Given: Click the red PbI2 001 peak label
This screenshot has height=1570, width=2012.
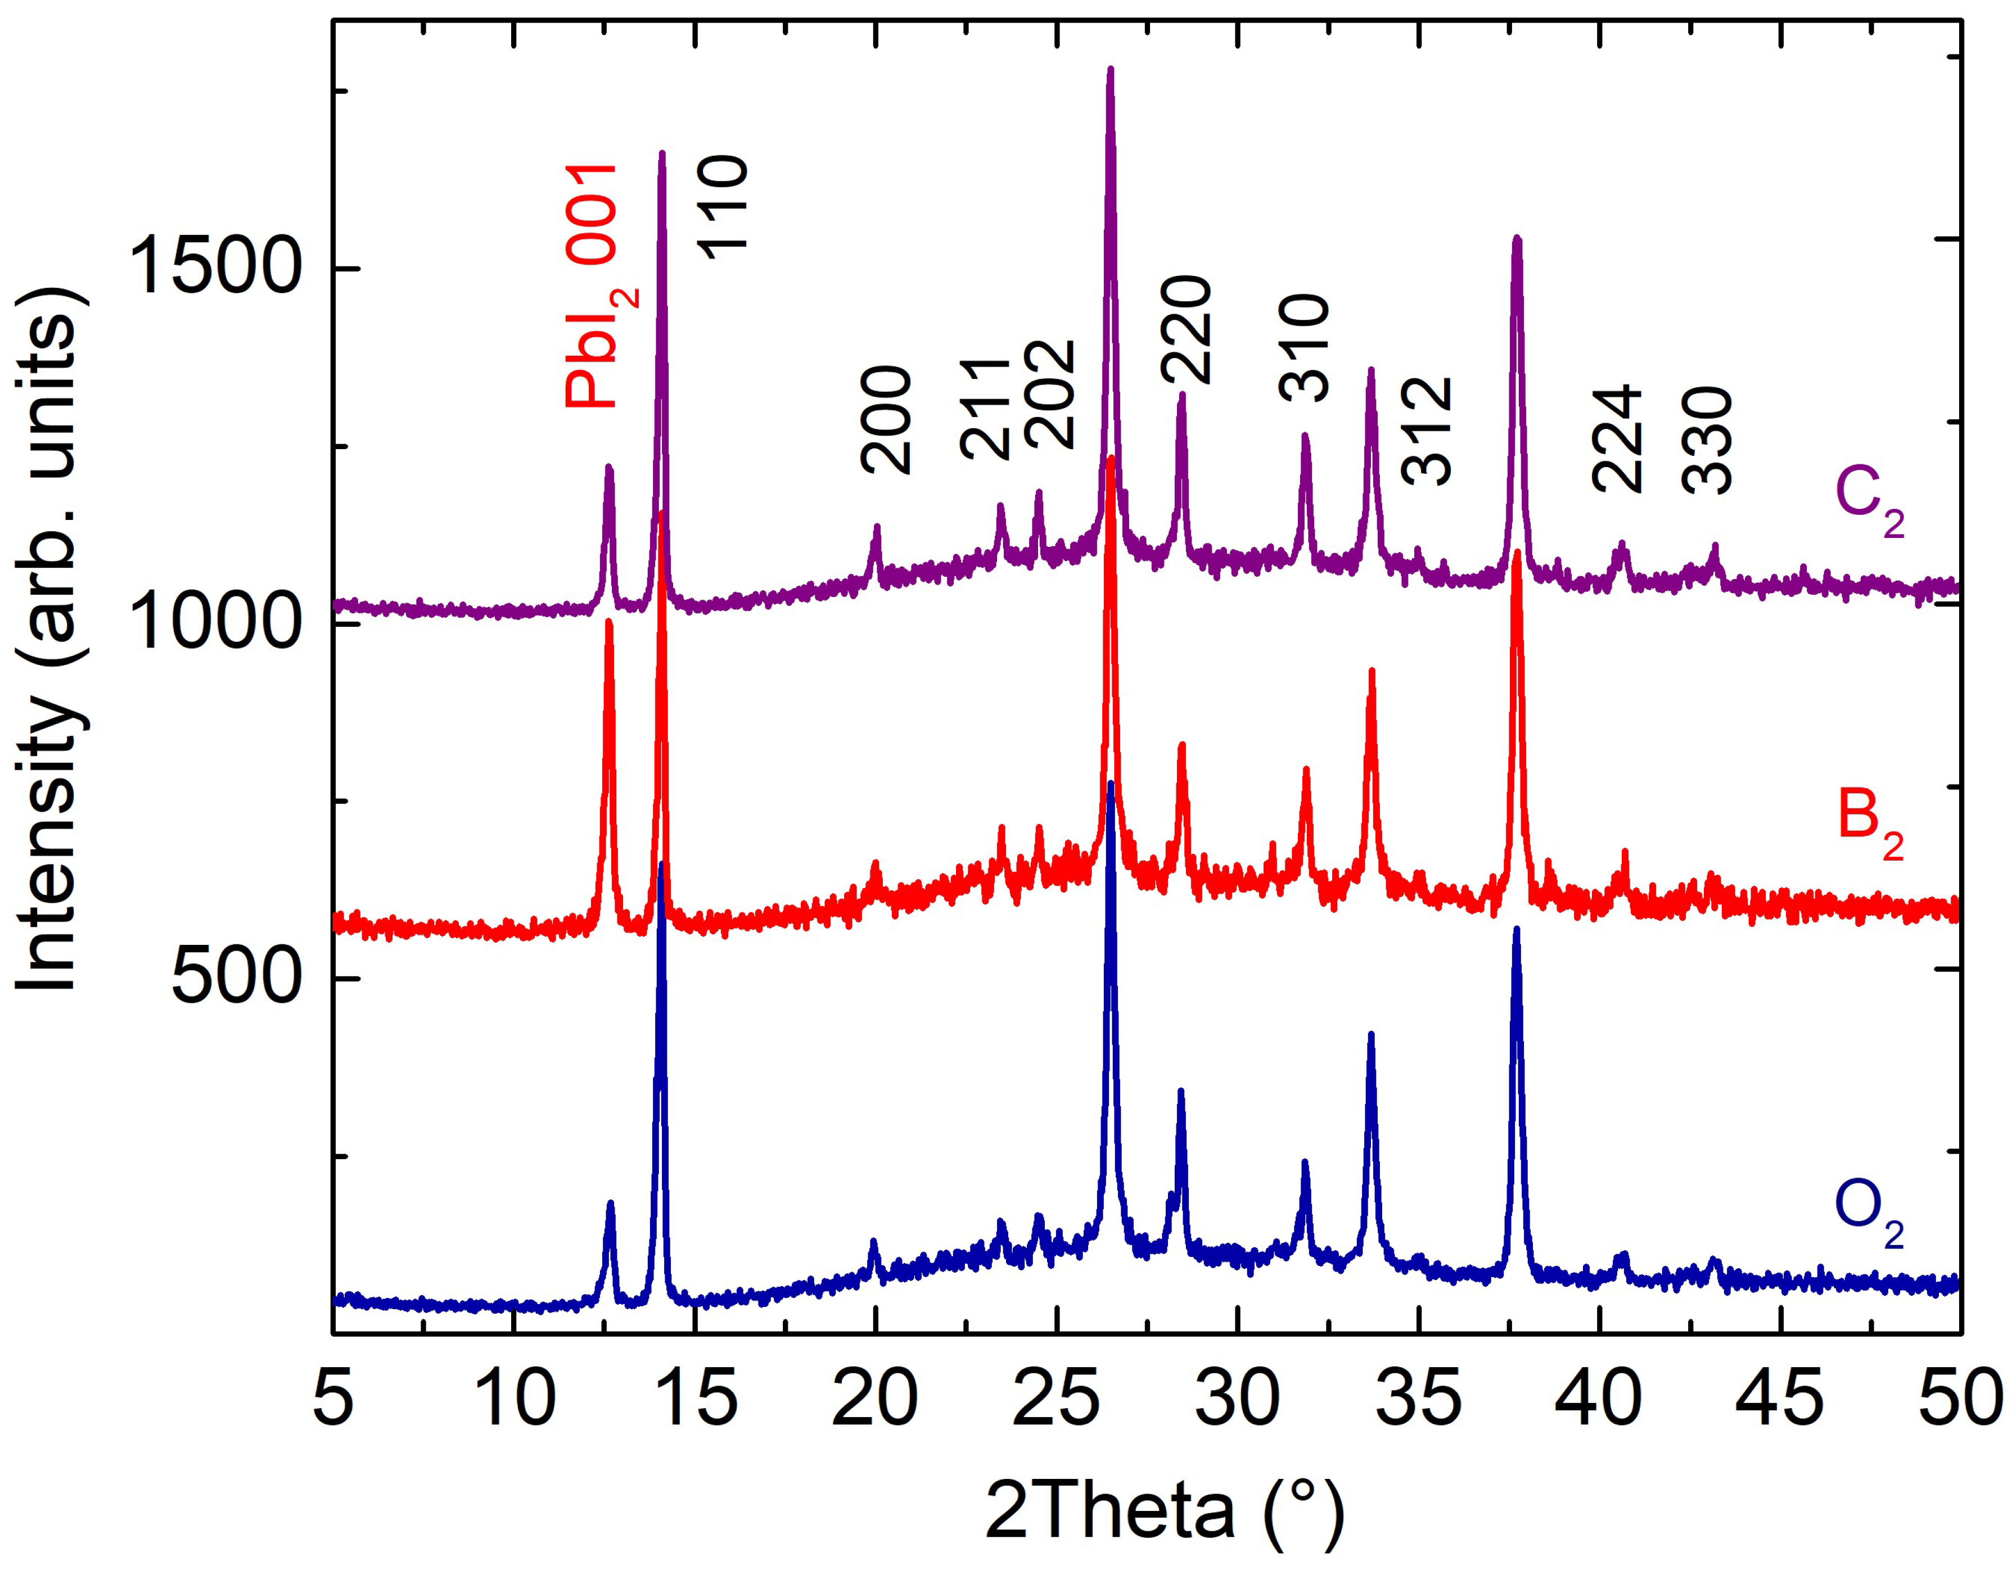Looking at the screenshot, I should pyautogui.click(x=599, y=286).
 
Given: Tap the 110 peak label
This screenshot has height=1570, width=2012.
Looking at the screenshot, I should pyautogui.click(x=723, y=207).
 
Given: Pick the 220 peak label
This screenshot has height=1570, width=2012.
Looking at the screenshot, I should pyautogui.click(x=1185, y=329).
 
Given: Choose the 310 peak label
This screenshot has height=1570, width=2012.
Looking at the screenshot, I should pyautogui.click(x=1305, y=347).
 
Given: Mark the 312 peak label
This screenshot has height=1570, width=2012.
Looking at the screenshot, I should pyautogui.click(x=1427, y=431).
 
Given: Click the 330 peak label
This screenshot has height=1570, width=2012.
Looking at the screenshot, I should pyautogui.click(x=1707, y=439).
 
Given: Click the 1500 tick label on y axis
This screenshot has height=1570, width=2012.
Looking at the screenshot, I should pyautogui.click(x=214, y=268).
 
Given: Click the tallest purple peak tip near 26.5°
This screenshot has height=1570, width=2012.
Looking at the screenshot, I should pyautogui.click(x=1110, y=70).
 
